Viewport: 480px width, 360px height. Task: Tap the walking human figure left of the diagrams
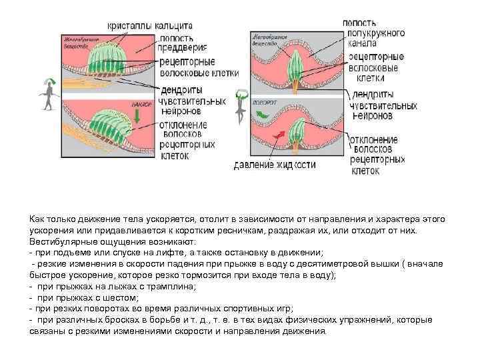coord(47,91)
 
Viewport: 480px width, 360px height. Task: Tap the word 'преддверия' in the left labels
coord(183,47)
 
